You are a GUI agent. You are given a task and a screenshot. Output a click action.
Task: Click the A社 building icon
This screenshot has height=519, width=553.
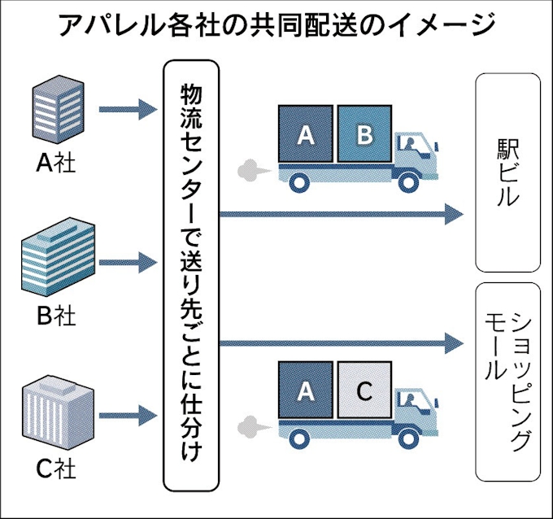56,109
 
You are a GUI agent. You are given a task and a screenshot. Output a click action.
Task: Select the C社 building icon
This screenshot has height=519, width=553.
54,416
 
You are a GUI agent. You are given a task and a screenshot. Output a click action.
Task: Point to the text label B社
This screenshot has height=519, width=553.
56,316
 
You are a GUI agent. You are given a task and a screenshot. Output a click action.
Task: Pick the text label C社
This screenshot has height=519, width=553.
56,470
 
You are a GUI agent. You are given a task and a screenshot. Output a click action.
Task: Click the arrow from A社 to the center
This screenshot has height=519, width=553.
127,108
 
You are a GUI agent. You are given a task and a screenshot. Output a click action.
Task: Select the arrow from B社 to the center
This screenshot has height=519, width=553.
127,262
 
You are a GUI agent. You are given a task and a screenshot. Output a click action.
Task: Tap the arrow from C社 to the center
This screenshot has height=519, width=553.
127,417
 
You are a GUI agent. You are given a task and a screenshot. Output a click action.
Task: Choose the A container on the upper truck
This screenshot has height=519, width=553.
306,135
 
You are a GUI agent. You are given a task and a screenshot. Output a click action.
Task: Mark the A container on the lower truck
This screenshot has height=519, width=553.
306,391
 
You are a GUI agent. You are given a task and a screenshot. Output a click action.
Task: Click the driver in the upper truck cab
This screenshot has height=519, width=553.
411,147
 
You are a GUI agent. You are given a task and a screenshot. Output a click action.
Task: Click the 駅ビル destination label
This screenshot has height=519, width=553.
508,172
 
